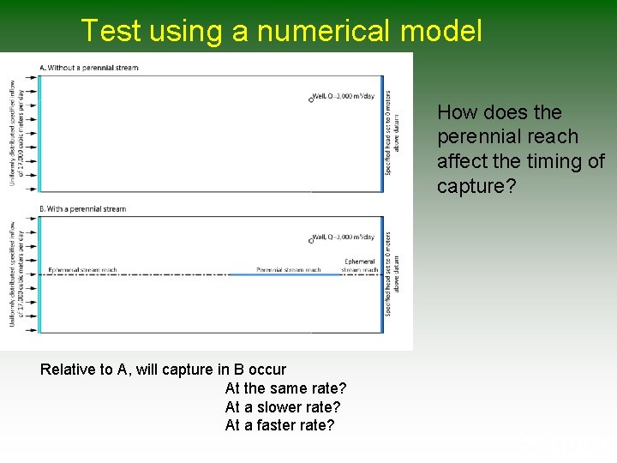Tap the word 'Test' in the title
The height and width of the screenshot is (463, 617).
click(x=111, y=31)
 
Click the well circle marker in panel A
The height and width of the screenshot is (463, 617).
click(x=311, y=99)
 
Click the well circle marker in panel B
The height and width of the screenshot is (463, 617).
click(x=311, y=241)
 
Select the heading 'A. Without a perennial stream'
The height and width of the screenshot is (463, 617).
click(x=89, y=68)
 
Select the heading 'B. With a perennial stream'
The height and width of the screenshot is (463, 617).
click(x=83, y=209)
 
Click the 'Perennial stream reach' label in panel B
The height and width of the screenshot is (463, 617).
click(x=288, y=269)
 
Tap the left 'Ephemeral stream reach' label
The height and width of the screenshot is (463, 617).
click(x=83, y=269)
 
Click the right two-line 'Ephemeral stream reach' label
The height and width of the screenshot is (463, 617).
click(x=359, y=266)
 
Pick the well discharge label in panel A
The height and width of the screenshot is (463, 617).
click(x=345, y=96)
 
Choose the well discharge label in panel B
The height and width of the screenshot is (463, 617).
click(x=345, y=238)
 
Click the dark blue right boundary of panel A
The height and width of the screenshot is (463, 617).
click(x=382, y=133)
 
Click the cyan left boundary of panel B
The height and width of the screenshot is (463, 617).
click(x=39, y=274)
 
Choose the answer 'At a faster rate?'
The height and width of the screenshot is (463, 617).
click(x=279, y=425)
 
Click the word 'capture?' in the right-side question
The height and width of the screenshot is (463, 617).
click(x=477, y=186)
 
